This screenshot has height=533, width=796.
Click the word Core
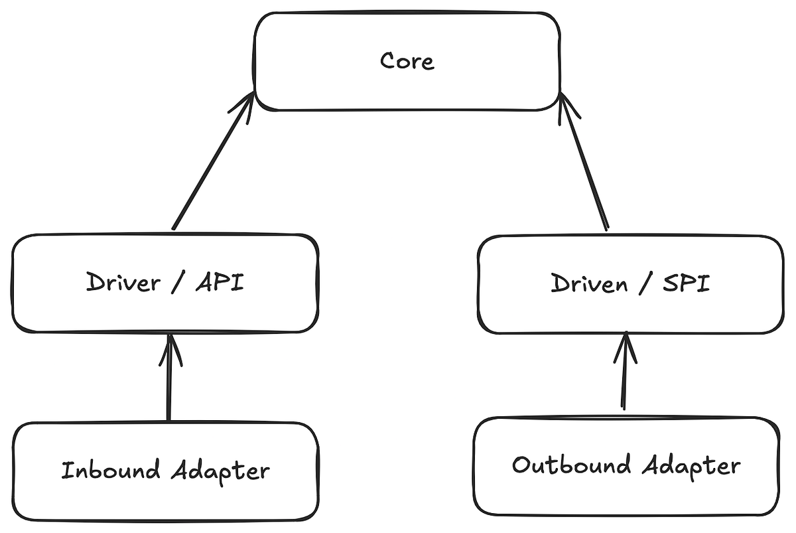(407, 61)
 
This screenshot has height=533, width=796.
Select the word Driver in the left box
(123, 283)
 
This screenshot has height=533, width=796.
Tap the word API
(220, 283)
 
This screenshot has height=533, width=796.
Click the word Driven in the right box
(589, 284)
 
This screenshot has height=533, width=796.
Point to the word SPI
(686, 284)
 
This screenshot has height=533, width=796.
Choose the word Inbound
(111, 471)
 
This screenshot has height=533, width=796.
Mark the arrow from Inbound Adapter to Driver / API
(169, 382)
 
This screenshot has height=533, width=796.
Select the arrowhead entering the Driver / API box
(170, 348)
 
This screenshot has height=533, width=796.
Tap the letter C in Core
(387, 61)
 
